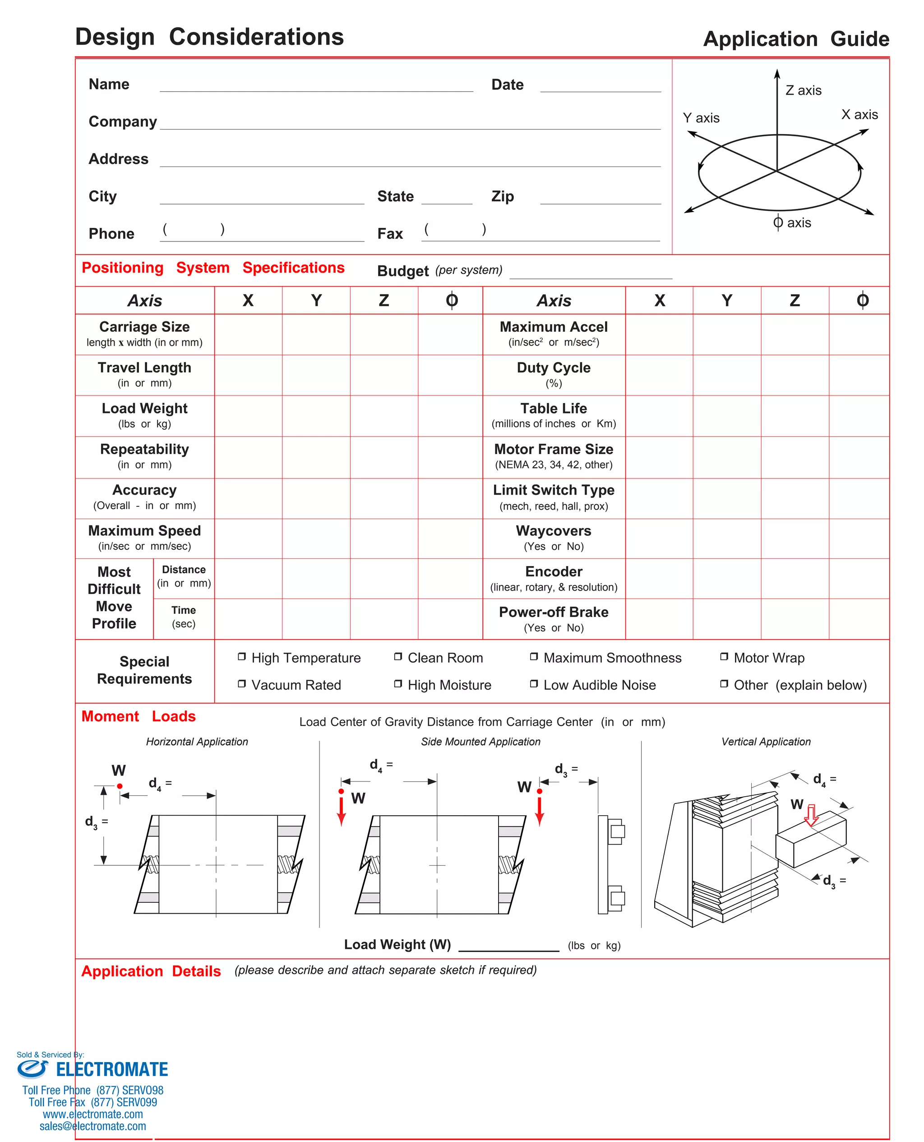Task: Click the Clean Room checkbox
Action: coord(397,656)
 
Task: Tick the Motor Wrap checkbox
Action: coord(724,656)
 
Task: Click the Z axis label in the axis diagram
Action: coord(803,91)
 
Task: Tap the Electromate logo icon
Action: coord(32,1068)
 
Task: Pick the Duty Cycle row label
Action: coord(554,374)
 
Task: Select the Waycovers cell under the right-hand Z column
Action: coord(795,538)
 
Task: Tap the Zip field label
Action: coord(503,196)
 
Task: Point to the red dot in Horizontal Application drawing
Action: coord(120,786)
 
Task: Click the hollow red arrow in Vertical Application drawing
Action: coord(811,815)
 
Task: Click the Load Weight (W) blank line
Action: coord(508,947)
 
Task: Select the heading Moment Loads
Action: coord(139,716)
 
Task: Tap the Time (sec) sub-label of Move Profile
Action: coord(184,617)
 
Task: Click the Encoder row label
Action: coord(554,578)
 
